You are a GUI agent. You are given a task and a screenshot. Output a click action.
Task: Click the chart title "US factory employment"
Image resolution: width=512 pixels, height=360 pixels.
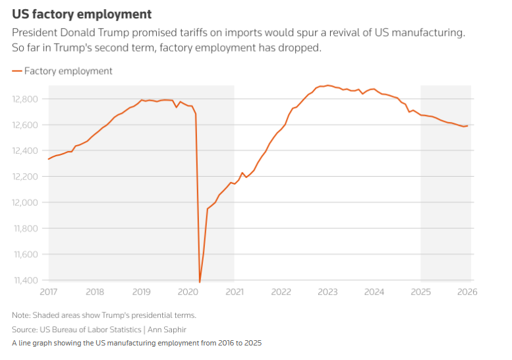coord(82,13)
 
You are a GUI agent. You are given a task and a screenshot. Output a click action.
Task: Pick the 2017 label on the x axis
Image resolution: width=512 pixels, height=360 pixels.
coord(48,291)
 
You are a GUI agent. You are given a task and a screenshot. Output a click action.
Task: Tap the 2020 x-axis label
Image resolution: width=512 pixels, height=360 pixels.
coord(188,291)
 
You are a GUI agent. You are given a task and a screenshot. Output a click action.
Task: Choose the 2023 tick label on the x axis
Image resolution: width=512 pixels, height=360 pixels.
coord(327,291)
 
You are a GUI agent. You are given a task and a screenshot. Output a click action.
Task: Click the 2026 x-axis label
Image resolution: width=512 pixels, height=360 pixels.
coord(467,291)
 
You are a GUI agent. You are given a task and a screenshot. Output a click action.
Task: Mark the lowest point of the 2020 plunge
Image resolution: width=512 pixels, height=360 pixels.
coord(200,282)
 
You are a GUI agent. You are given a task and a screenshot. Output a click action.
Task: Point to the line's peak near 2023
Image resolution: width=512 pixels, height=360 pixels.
coord(328,85)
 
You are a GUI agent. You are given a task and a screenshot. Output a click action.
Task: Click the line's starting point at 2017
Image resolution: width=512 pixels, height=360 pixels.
coord(49,159)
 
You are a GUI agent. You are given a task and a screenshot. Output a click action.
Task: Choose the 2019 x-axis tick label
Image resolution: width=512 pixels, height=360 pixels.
coord(142,291)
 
